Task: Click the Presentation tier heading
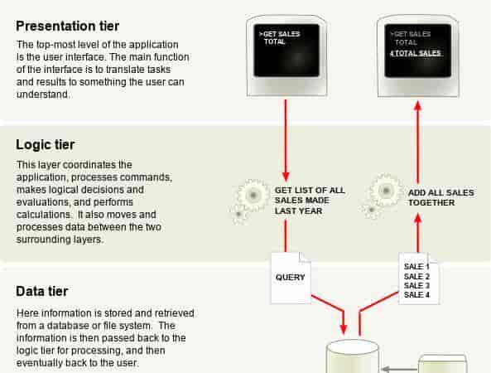point(68,27)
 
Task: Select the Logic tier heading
point(46,145)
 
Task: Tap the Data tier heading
point(42,292)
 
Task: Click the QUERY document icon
point(291,278)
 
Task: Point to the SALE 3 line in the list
point(416,286)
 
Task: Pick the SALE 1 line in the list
point(416,267)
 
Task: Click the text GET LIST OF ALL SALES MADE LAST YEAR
point(310,201)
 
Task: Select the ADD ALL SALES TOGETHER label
point(440,198)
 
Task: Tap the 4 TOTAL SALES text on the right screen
point(415,54)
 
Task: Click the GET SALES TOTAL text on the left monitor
point(279,38)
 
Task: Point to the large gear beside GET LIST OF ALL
point(253,195)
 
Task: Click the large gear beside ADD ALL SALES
point(386,190)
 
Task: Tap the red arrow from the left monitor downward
point(286,141)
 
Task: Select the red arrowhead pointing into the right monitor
point(418,105)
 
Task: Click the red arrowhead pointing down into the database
point(344,329)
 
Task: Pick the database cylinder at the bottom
point(353,356)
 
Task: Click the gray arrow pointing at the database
point(400,370)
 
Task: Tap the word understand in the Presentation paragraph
point(42,94)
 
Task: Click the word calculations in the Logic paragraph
point(44,215)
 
